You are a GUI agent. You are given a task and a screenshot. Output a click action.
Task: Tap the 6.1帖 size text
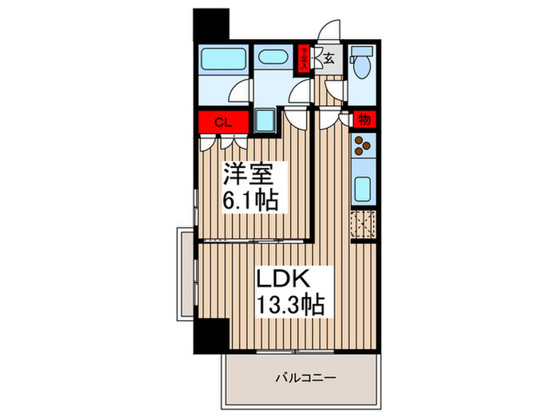pos(250,200)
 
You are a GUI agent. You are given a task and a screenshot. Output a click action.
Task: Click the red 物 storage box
pos(363,120)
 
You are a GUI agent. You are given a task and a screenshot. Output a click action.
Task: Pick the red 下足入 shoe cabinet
pos(304,57)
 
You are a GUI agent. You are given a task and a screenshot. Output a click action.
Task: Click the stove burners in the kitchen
pos(363,146)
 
